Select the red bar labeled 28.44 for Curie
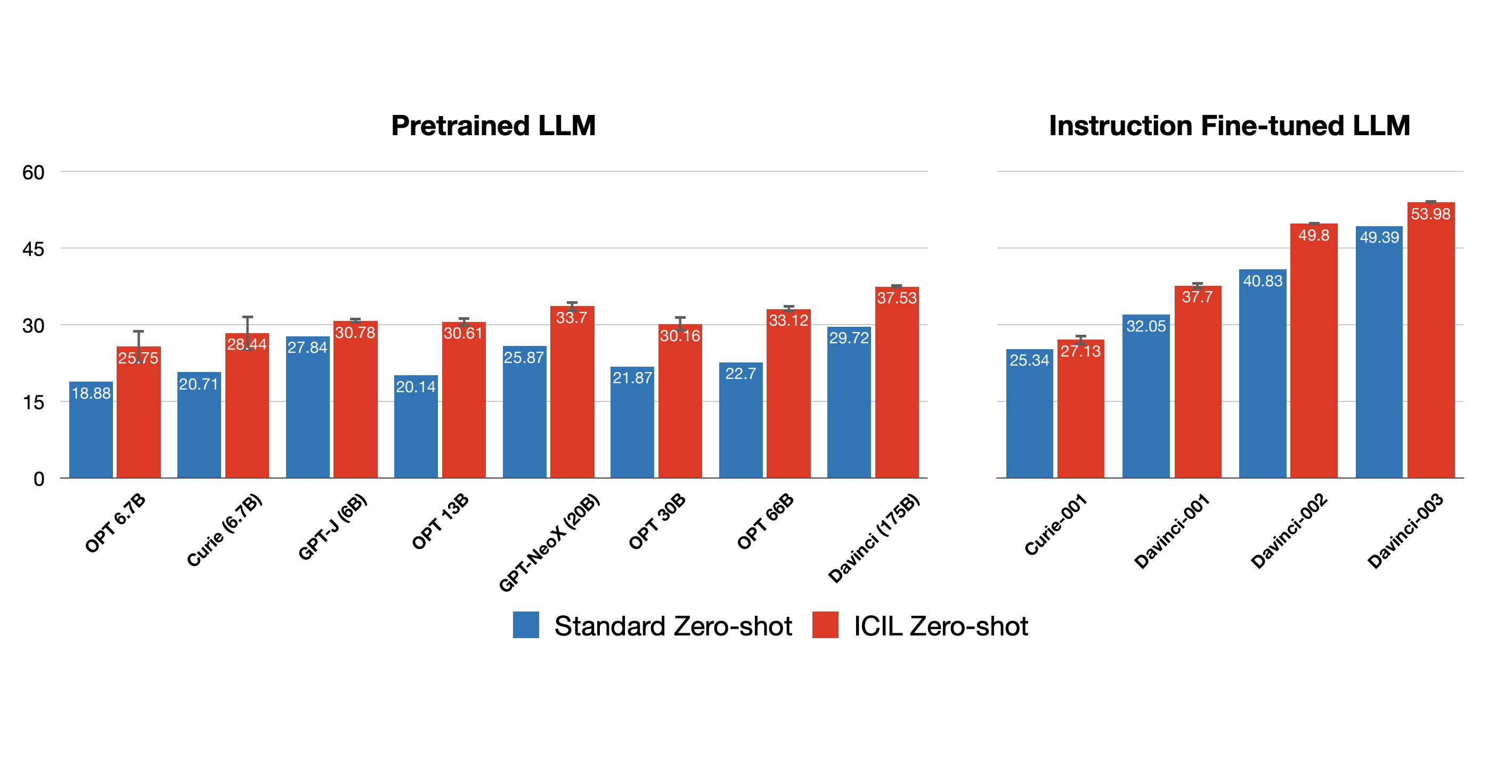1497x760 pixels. click(x=247, y=412)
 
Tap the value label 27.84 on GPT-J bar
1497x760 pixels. click(x=307, y=347)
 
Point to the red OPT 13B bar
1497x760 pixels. click(x=463, y=407)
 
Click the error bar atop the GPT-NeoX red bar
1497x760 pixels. click(x=572, y=305)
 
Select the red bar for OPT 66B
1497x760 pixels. click(x=788, y=401)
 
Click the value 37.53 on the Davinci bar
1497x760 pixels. click(x=897, y=298)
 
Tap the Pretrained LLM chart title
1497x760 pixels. click(x=493, y=126)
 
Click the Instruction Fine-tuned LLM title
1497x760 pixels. click(x=1229, y=126)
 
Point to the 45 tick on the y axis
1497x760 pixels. click(x=33, y=249)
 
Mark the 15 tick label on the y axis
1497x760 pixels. click(x=33, y=402)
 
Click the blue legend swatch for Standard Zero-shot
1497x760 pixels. click(x=525, y=625)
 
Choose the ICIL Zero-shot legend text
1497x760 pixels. click(x=940, y=626)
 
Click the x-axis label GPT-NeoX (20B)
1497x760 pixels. click(x=549, y=543)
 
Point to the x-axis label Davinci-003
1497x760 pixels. click(x=1405, y=531)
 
